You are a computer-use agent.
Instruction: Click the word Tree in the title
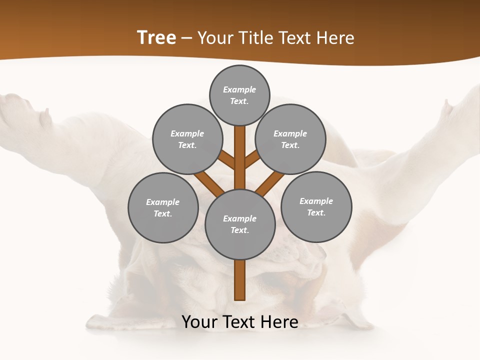(x=156, y=37)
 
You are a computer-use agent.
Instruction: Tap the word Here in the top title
(x=336, y=37)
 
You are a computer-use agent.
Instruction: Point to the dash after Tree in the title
(x=186, y=38)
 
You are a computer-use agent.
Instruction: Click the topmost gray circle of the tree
(x=239, y=95)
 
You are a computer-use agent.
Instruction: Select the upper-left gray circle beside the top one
(x=187, y=139)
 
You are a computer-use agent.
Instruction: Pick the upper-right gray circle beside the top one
(x=290, y=139)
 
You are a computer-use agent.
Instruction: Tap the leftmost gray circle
(x=163, y=207)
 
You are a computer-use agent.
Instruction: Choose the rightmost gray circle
(x=316, y=206)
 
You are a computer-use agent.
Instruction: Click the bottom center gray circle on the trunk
(x=240, y=224)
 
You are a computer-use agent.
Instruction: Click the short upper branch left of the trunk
(x=227, y=161)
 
